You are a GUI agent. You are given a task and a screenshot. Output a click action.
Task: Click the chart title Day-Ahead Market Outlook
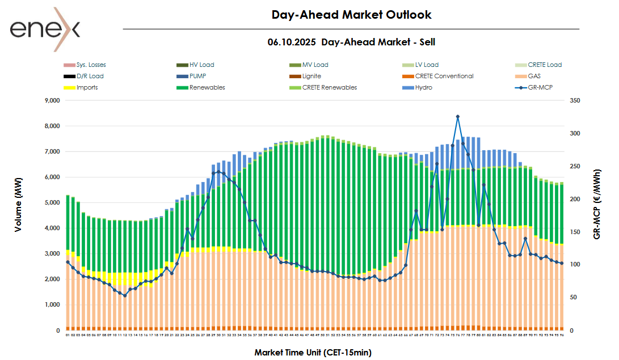point(351,15)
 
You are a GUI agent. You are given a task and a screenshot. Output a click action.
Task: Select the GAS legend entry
point(534,76)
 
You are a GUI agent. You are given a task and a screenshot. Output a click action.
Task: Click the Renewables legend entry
point(207,87)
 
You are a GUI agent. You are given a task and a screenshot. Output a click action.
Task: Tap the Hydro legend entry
point(424,87)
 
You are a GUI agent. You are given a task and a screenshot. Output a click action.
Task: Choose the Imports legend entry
point(87,87)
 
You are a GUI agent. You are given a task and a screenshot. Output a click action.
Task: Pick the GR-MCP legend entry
point(540,87)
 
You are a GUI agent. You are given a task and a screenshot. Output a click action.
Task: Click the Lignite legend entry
point(311,76)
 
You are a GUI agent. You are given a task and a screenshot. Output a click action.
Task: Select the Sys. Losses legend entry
point(91,65)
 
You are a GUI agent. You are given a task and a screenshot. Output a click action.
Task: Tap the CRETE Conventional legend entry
point(444,76)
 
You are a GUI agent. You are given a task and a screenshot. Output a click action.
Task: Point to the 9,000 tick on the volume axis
point(52,100)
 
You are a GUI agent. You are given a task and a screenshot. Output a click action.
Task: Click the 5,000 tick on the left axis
point(52,202)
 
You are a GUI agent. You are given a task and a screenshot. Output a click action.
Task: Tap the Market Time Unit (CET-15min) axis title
point(313,352)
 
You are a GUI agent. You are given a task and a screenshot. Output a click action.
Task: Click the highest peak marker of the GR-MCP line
point(457,116)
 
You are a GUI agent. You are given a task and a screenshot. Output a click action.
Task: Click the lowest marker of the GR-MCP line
point(125,295)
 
